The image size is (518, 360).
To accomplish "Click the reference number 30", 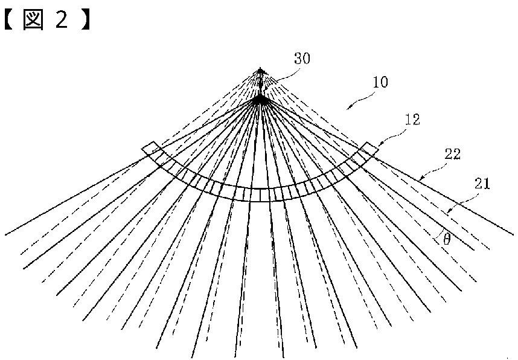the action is click(302, 59).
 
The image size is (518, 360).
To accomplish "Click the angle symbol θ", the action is click(446, 240).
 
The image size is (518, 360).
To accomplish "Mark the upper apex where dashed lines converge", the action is click(260, 70).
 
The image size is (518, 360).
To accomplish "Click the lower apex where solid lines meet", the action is click(260, 100).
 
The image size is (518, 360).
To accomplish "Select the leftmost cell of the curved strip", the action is click(149, 148).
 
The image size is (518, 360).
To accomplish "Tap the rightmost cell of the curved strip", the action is click(371, 148).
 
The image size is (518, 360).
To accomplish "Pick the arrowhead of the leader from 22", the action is click(418, 179).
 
